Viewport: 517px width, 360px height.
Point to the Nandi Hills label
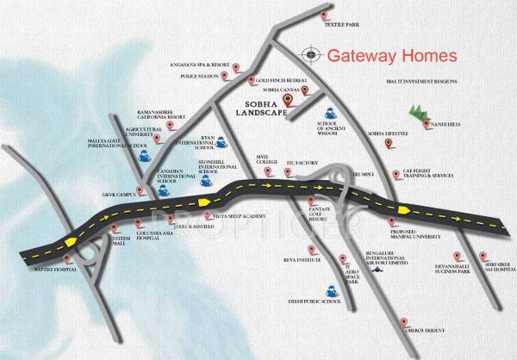click(x=454, y=124)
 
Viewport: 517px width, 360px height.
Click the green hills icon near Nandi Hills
click(x=417, y=113)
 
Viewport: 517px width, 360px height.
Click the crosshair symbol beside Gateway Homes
click(x=310, y=56)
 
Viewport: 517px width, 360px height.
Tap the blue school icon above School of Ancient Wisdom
click(x=330, y=113)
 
